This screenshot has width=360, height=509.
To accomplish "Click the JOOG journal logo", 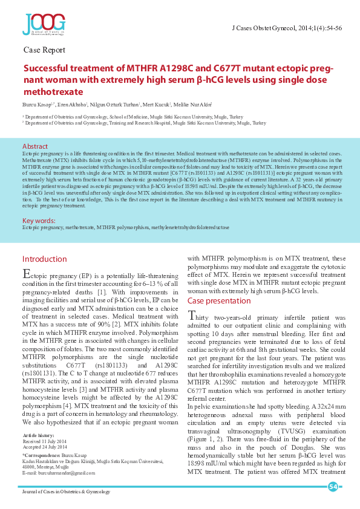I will click(x=44, y=25).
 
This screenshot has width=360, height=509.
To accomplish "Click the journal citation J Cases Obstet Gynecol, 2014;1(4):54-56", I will click(x=287, y=28).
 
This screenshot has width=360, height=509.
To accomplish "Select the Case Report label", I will click(x=44, y=50).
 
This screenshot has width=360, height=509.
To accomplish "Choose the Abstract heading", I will click(x=35, y=147).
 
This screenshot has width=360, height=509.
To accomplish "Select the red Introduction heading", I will click(x=44, y=259).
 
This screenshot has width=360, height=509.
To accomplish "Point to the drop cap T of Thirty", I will click(x=192, y=316).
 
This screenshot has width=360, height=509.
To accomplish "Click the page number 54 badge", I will click(x=333, y=487).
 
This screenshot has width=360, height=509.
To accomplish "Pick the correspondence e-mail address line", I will click(x=62, y=472).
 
